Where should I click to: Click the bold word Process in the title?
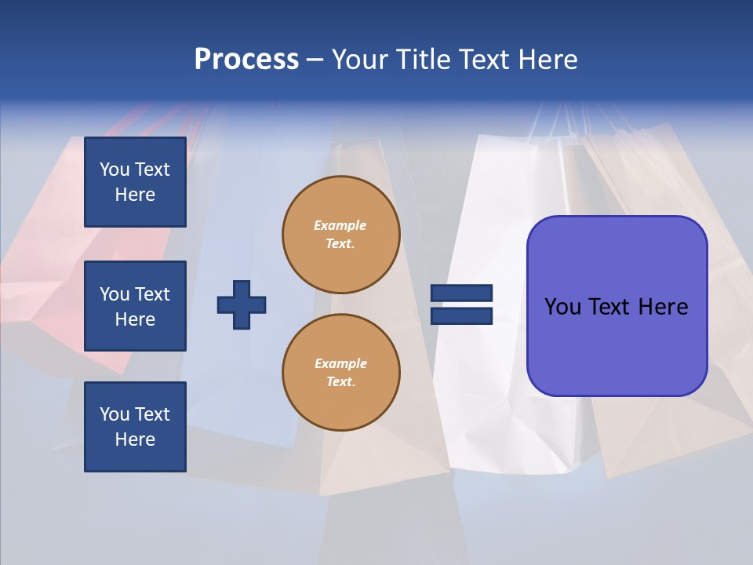pyautogui.click(x=246, y=60)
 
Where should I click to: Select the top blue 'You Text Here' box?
pyautogui.click(x=135, y=182)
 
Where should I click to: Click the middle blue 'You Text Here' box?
pyautogui.click(x=135, y=306)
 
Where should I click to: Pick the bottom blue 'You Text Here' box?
pyautogui.click(x=135, y=426)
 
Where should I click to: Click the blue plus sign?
pyautogui.click(x=242, y=304)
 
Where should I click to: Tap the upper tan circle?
pyautogui.click(x=341, y=235)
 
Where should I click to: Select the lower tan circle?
pyautogui.click(x=341, y=373)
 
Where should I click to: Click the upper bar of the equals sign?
pyautogui.click(x=461, y=293)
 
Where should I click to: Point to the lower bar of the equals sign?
pyautogui.click(x=461, y=315)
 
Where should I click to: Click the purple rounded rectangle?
pyautogui.click(x=617, y=345)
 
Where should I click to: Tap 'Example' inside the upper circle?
pyautogui.click(x=340, y=225)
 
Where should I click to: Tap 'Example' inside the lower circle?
pyautogui.click(x=340, y=363)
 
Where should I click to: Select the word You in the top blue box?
pyautogui.click(x=115, y=169)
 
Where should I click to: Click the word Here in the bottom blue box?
pyautogui.click(x=135, y=439)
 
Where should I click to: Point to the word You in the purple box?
pyautogui.click(x=562, y=307)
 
